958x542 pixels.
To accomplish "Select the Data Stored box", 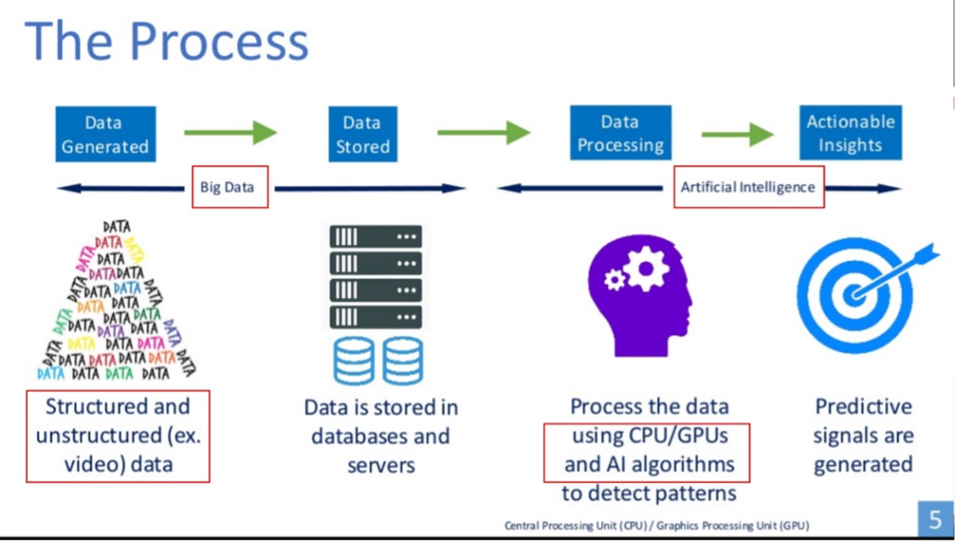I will [x=363, y=134].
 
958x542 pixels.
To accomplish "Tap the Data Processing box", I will [x=620, y=133].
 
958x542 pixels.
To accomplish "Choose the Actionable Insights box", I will [x=850, y=133].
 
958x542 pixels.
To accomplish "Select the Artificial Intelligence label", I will [x=749, y=187].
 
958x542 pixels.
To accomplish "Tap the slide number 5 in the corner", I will [x=934, y=517].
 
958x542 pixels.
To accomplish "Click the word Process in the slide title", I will [x=220, y=43].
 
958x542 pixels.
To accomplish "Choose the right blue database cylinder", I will [x=402, y=360].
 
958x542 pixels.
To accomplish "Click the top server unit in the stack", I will [x=375, y=237].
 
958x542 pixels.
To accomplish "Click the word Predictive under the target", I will [x=863, y=407].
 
